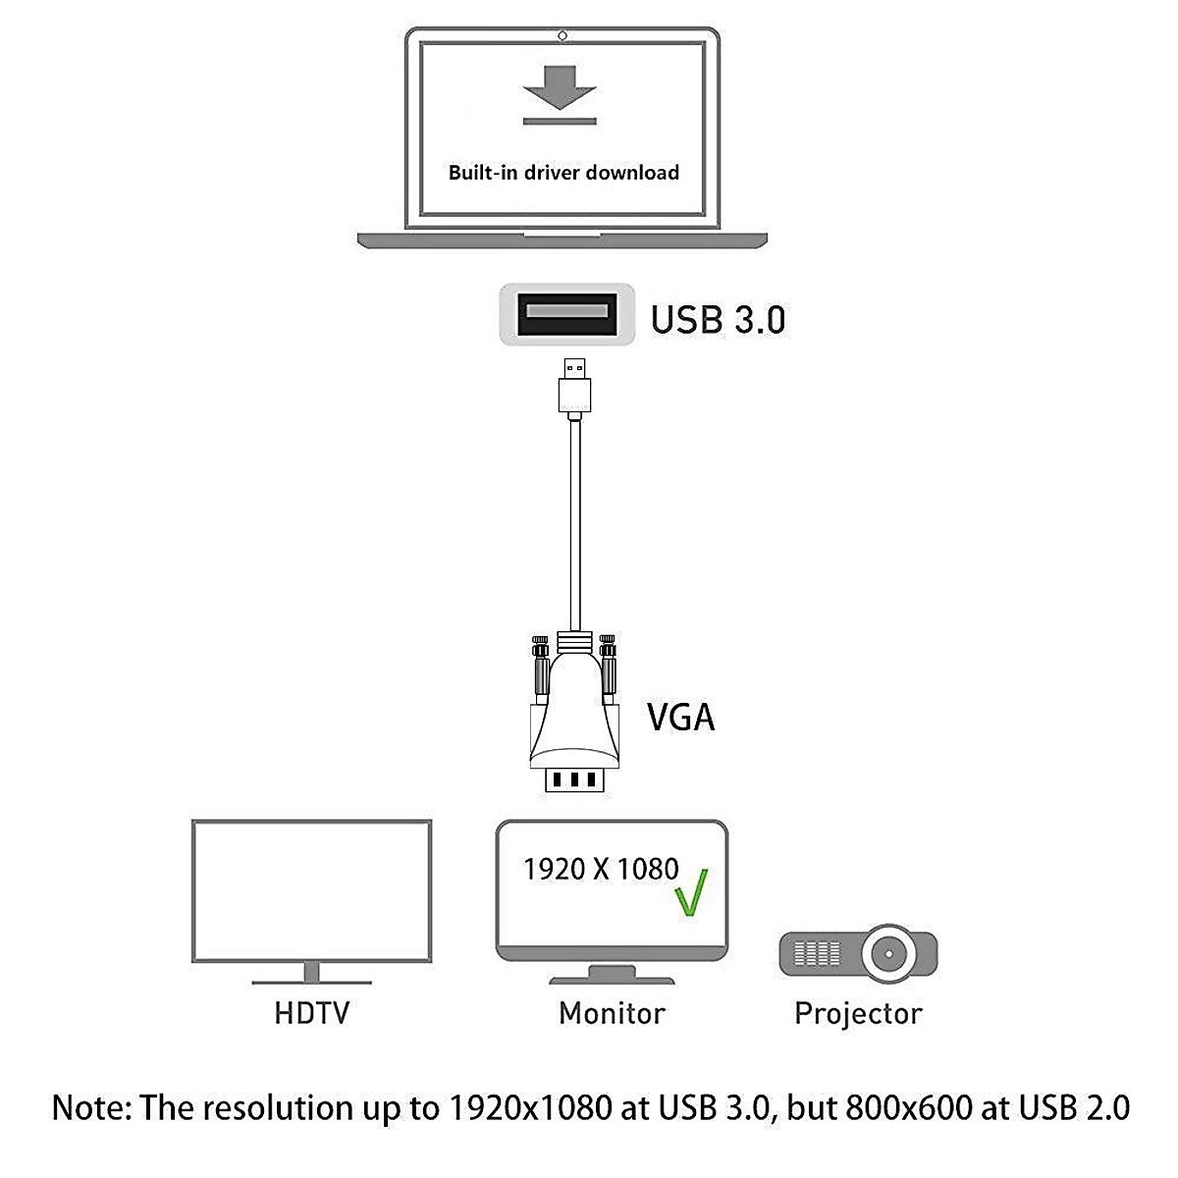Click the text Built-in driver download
(x=563, y=173)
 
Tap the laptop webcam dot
(x=562, y=36)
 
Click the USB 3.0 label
(x=718, y=320)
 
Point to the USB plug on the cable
(x=574, y=388)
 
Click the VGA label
(x=680, y=717)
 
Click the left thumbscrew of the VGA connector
(x=539, y=668)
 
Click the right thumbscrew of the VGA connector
(x=609, y=668)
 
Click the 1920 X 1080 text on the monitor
(x=601, y=869)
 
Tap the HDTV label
(x=311, y=1012)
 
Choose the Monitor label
(x=612, y=1012)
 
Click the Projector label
(x=858, y=1013)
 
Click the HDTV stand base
(x=312, y=979)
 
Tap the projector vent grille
(x=817, y=952)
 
